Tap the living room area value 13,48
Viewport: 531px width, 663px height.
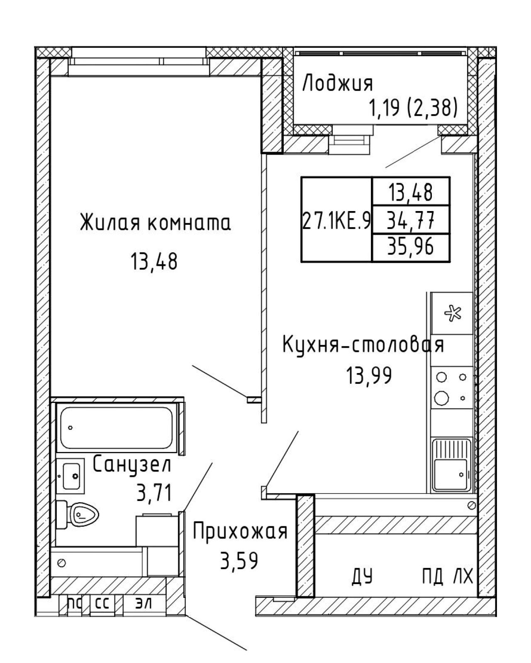coord(154,261)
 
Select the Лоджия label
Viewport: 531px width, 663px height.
coord(338,84)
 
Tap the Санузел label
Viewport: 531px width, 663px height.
coord(132,464)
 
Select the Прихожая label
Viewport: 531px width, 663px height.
coord(240,531)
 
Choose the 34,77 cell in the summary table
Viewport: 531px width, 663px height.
coord(410,220)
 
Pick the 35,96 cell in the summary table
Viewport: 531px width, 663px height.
coord(410,247)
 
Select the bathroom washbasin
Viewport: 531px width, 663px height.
coord(71,476)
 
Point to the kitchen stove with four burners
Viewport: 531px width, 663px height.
coord(452,387)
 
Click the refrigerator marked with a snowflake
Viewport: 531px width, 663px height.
coord(452,313)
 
